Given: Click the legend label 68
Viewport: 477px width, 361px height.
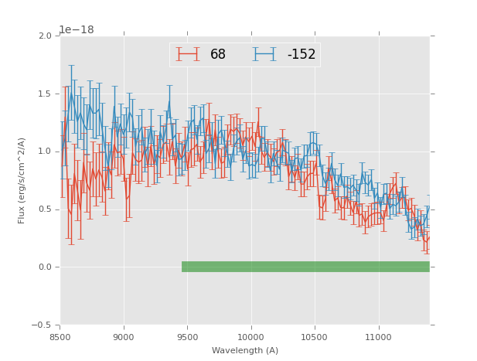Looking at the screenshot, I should click(218, 55).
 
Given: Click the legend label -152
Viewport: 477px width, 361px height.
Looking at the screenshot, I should click(302, 55).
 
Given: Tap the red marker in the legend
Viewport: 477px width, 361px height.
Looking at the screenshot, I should click(188, 55).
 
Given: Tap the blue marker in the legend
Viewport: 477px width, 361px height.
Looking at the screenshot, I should click(264, 55).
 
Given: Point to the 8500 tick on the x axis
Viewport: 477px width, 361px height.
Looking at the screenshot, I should click(60, 337).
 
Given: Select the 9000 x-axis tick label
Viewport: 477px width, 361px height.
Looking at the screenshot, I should click(124, 337).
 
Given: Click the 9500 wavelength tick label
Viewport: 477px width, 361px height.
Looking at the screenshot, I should click(188, 337).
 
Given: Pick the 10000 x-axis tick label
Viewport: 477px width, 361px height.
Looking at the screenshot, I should click(251, 337).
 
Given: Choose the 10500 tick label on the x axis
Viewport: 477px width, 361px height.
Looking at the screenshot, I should click(315, 337).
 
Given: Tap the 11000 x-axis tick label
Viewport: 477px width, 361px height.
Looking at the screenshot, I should click(379, 337).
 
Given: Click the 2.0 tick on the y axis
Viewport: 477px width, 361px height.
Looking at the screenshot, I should click(45, 36).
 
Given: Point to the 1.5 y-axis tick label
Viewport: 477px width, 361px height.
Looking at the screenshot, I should click(45, 94).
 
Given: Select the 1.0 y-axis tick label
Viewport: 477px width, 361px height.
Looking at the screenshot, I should click(45, 152).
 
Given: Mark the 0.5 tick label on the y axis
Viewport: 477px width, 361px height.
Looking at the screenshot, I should click(45, 209).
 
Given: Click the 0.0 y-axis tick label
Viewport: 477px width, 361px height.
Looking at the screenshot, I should click(45, 267).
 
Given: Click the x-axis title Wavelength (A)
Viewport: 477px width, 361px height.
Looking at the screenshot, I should click(245, 351).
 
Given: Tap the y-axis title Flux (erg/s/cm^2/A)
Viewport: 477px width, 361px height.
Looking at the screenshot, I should click(22, 180).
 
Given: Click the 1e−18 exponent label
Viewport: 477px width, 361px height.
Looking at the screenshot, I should click(77, 30).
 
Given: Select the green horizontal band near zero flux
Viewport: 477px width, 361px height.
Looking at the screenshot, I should click(305, 267).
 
